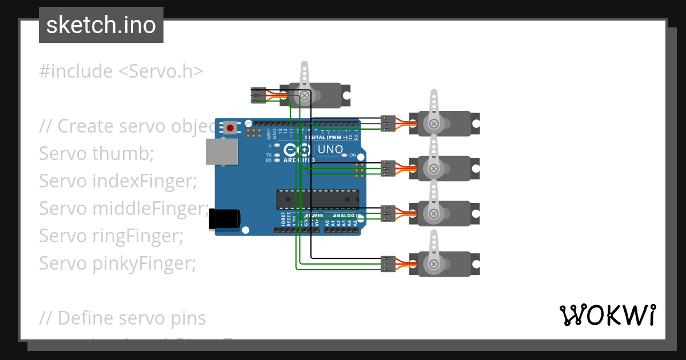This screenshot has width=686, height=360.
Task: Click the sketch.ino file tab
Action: [x=101, y=25]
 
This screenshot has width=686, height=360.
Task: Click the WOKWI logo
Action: [x=607, y=315]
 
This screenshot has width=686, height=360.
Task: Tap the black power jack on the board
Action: [x=224, y=219]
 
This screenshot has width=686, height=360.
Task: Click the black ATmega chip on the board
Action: [x=317, y=199]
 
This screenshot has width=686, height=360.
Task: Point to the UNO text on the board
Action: [x=330, y=150]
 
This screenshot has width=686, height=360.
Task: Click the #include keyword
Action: [x=76, y=71]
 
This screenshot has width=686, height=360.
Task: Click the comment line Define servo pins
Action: [x=122, y=318]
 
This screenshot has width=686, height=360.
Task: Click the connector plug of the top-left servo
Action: [x=258, y=94]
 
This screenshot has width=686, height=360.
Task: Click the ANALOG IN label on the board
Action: [x=347, y=215]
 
